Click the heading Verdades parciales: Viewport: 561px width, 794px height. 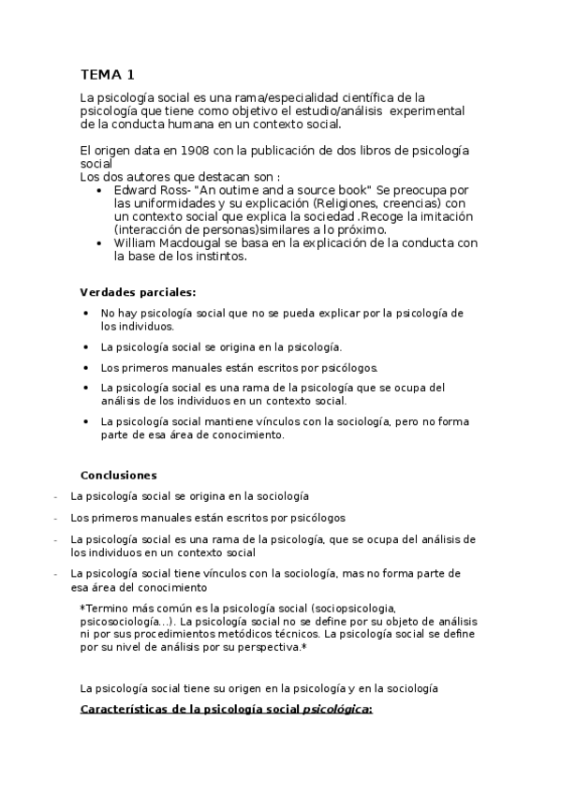coord(137,291)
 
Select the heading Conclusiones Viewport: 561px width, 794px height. coord(118,475)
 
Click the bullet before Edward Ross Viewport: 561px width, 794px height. coord(101,189)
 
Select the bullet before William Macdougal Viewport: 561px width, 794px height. coord(101,243)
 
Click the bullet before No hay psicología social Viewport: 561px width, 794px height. coord(86,313)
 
